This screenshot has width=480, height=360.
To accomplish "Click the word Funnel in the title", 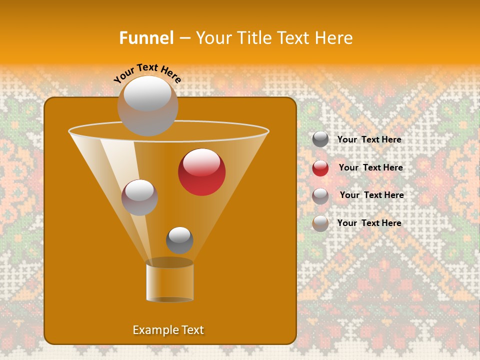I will coord(146,38).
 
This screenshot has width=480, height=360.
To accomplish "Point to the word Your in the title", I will coord(211,38).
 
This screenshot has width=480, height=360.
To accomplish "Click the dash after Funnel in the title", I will coord(184,38).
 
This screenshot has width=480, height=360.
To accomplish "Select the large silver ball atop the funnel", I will coord(147,105).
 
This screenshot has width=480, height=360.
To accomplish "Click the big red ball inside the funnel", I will coord(201,171).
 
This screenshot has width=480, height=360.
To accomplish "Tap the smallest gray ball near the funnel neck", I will coord(179,240).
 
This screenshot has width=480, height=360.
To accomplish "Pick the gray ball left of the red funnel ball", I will coord(139,197).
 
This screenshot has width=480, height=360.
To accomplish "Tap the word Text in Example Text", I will coord(192,330).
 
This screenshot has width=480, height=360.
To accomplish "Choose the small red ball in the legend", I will coord(320,168).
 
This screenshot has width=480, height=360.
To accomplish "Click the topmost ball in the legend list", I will coord(320,139).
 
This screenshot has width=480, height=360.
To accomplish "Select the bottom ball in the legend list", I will coord(320,223).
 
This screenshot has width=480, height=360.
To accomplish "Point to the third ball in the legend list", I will coord(320,195).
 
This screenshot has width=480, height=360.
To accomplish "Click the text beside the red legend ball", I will coord(370,167).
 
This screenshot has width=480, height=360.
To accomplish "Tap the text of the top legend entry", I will coord(369,139).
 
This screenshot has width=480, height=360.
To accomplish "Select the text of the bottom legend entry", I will coord(369,223).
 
